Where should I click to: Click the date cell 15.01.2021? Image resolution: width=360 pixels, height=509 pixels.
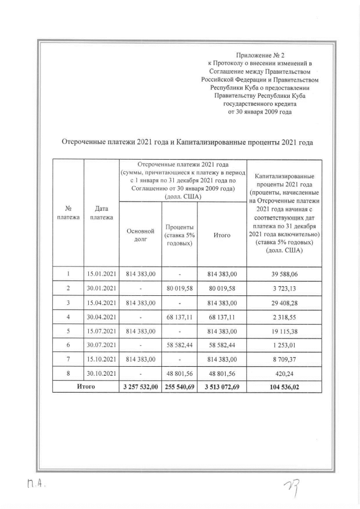click(x=101, y=273)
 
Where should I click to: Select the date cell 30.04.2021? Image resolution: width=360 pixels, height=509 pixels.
click(x=101, y=317)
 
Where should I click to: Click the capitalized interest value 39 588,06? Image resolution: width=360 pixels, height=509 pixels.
click(x=284, y=273)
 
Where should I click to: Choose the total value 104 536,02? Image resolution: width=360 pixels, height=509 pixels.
click(x=284, y=386)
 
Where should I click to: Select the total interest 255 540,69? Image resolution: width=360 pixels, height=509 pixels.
click(x=179, y=386)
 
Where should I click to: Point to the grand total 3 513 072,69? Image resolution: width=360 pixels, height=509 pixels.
click(x=222, y=386)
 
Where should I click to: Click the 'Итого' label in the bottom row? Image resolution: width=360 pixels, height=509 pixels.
click(x=85, y=386)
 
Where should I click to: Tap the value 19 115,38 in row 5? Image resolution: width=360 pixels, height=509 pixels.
click(x=284, y=332)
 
